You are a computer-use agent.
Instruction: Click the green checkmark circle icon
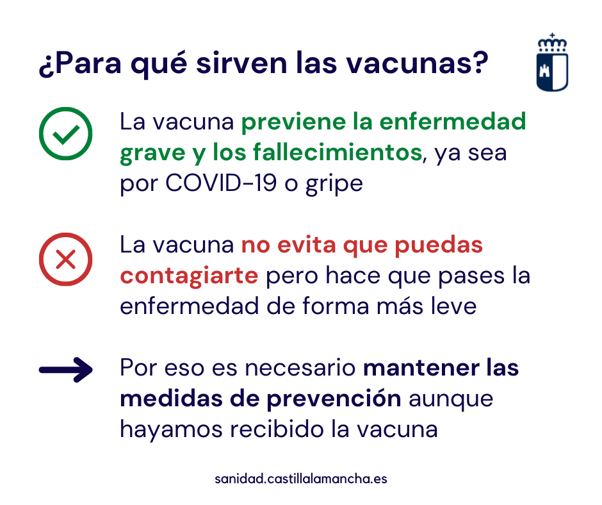(66, 133)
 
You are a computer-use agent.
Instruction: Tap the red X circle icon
(66, 259)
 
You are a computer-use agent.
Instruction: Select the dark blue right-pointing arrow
(66, 370)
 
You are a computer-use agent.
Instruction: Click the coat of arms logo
(552, 63)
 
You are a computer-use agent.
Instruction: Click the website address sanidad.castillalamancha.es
(300, 479)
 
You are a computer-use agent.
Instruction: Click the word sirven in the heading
(241, 63)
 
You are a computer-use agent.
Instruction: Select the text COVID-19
(221, 183)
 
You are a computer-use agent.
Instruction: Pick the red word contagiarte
(189, 277)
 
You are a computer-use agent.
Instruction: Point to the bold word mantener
(421, 368)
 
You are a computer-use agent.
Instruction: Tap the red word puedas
(439, 246)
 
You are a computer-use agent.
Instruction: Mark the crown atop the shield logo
(552, 43)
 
